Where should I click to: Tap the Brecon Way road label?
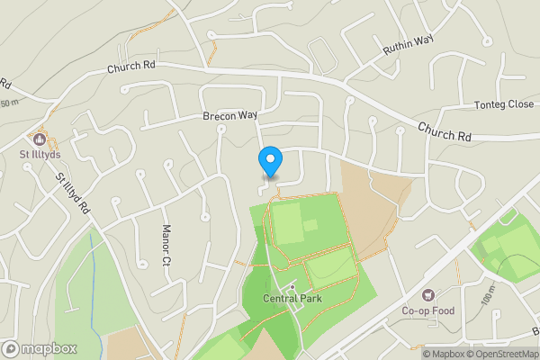tap(229, 117)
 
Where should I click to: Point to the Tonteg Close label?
tap(503, 105)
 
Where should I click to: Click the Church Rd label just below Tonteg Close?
tap(445, 131)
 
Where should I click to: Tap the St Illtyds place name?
tap(39, 156)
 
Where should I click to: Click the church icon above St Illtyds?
tap(39, 139)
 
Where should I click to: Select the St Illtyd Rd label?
tap(73, 193)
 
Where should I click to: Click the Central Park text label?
tap(292, 299)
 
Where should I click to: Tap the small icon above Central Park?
tap(292, 285)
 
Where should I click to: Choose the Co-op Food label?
tap(427, 311)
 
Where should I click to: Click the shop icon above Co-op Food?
tap(427, 295)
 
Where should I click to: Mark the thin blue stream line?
tap(95, 270)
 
